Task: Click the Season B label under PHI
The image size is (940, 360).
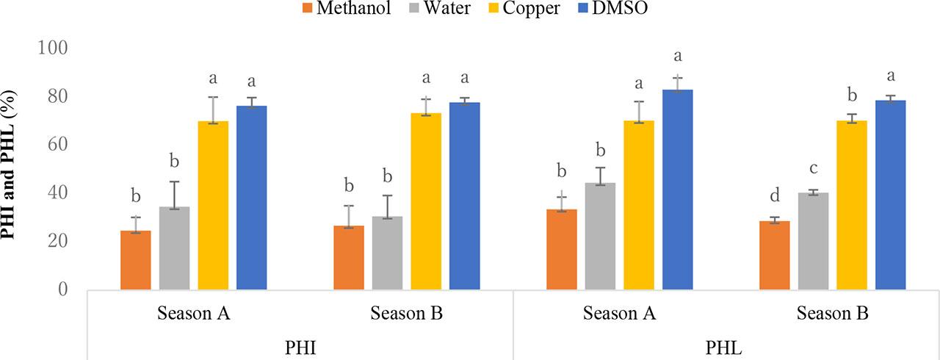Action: pyautogui.click(x=406, y=314)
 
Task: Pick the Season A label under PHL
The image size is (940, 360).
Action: pyautogui.click(x=619, y=314)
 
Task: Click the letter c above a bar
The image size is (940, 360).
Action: pyautogui.click(x=814, y=168)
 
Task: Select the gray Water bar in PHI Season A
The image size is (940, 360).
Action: pyautogui.click(x=175, y=248)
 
